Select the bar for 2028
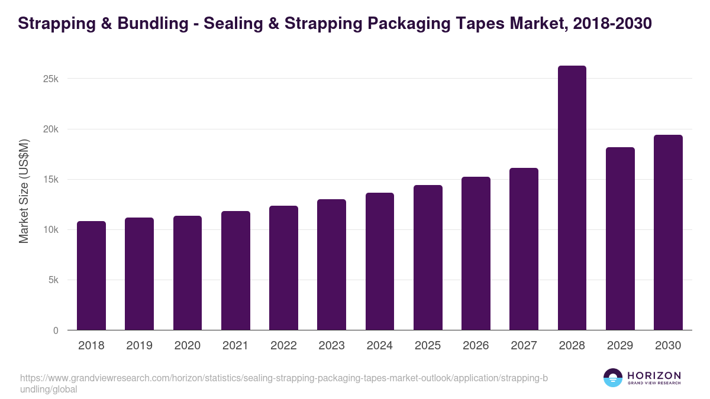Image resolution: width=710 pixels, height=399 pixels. pyautogui.click(x=572, y=198)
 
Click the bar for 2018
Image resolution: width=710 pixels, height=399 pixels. pyautogui.click(x=91, y=275)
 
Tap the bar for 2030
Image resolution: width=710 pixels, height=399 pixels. pyautogui.click(x=668, y=232)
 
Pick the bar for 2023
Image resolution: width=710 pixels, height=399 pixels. pyautogui.click(x=331, y=265)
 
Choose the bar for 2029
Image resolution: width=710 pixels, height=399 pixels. pyautogui.click(x=620, y=239)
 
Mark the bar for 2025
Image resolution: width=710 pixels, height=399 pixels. pyautogui.click(x=428, y=258)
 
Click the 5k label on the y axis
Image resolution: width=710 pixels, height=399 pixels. pyautogui.click(x=53, y=280)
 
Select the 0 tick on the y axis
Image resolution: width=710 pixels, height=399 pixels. pyautogui.click(x=56, y=330)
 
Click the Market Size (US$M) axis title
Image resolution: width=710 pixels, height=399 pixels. pyautogui.click(x=24, y=191)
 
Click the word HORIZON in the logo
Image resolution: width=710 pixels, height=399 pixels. pyautogui.click(x=654, y=375)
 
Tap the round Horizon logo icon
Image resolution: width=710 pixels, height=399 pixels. pyautogui.click(x=613, y=378)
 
